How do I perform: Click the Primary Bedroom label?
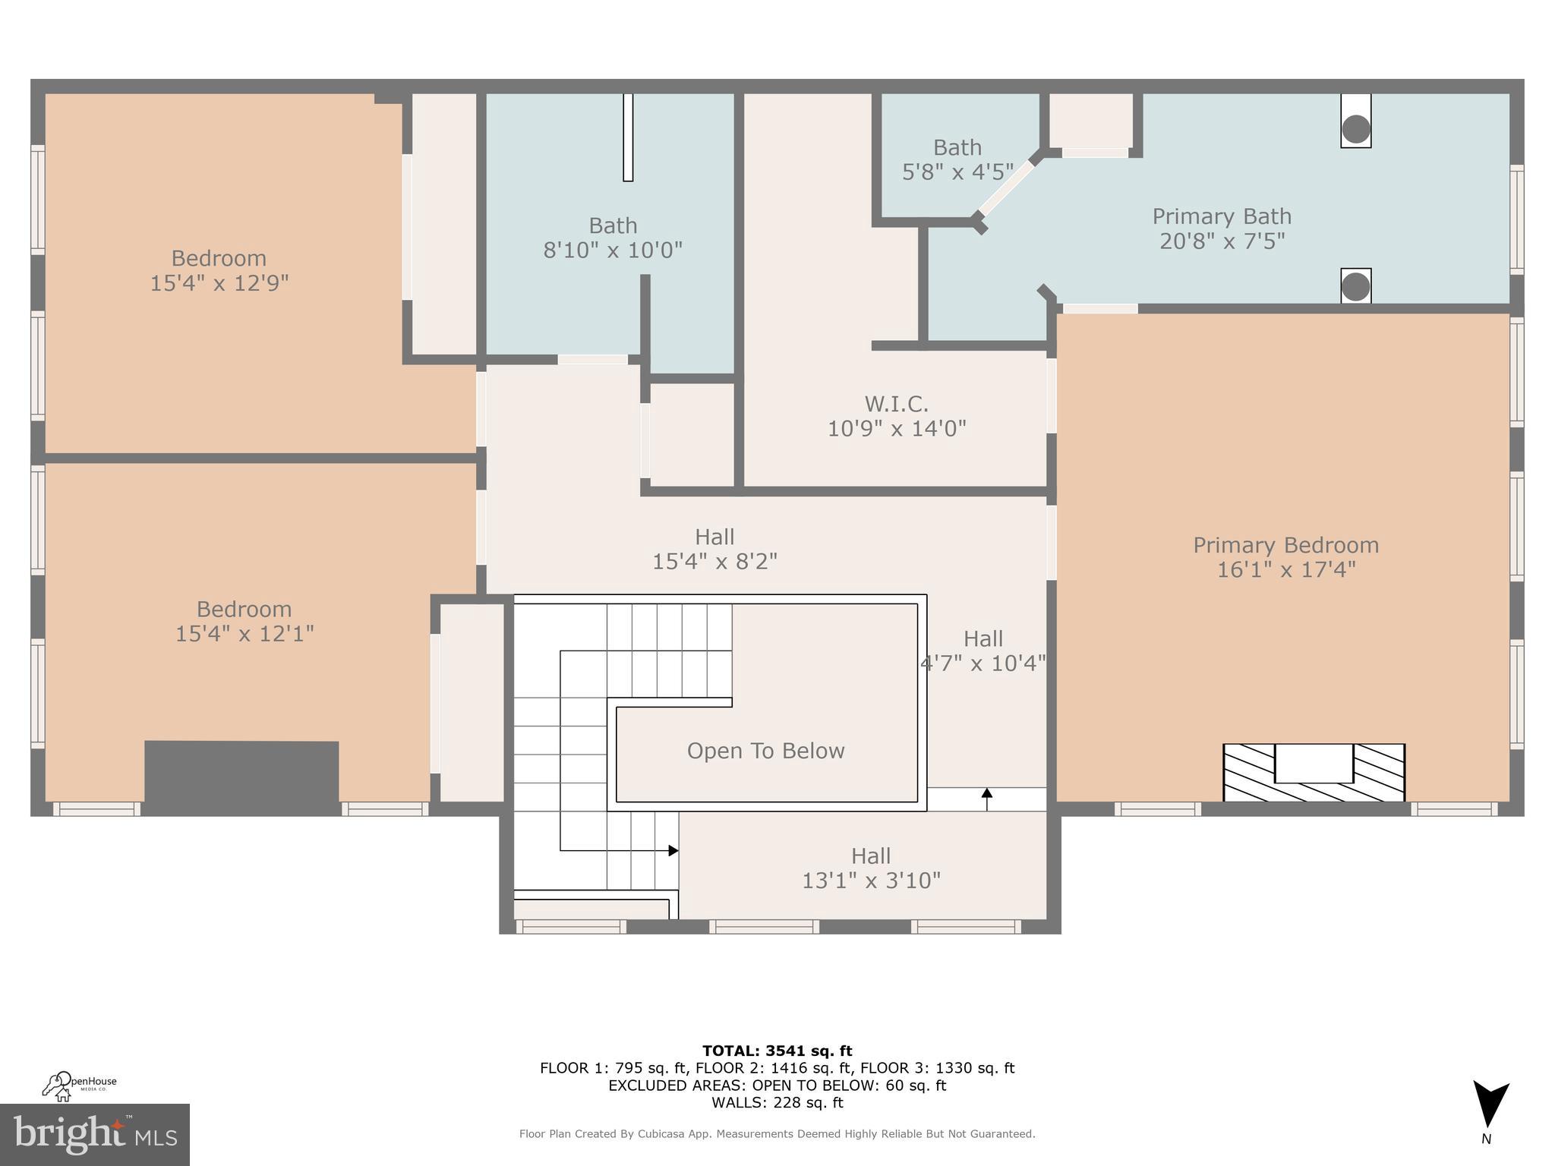[1285, 545]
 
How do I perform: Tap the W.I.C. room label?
[896, 403]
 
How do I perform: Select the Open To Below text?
[765, 751]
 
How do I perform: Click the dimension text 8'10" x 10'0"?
[613, 250]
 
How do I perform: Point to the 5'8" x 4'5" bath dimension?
[957, 172]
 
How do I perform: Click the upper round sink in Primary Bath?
[1355, 129]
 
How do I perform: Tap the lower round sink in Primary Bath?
[1355, 287]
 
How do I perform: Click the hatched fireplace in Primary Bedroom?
[1314, 773]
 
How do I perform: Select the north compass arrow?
[1490, 1104]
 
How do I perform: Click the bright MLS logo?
[94, 1134]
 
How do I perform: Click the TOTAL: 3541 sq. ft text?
[777, 1051]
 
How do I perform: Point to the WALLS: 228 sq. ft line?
[777, 1102]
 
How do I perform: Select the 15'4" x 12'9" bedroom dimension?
[219, 283]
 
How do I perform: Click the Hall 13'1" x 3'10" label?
[871, 868]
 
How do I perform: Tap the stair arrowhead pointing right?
[673, 850]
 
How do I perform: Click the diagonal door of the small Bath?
[1007, 188]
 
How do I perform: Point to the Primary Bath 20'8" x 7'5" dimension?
[1222, 241]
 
